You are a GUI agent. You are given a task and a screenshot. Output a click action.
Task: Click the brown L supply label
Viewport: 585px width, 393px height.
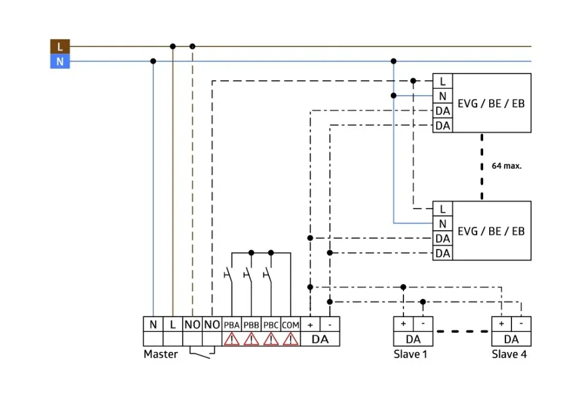click(60, 46)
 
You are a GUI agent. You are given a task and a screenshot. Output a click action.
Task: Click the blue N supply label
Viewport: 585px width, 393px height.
click(60, 61)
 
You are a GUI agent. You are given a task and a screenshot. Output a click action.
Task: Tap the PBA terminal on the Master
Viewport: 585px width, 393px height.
click(232, 324)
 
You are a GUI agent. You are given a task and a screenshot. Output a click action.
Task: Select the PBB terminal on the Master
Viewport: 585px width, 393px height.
click(251, 324)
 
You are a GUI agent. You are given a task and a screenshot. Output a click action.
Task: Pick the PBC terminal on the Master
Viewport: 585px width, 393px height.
click(271, 324)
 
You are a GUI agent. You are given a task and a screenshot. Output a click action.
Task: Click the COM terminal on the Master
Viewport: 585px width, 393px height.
click(290, 324)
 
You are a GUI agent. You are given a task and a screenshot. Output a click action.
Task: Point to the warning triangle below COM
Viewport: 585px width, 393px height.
click(290, 339)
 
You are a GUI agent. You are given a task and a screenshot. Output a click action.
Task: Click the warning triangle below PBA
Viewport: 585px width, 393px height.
click(232, 339)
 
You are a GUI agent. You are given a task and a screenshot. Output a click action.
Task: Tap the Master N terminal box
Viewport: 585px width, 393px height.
click(153, 324)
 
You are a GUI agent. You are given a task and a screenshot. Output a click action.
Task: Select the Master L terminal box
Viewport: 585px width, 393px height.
click(172, 324)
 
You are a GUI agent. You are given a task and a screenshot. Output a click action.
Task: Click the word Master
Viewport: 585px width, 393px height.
click(160, 354)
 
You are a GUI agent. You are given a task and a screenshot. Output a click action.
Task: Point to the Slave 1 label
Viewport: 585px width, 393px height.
click(410, 354)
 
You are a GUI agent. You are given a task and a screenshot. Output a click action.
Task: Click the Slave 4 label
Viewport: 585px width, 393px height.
click(509, 354)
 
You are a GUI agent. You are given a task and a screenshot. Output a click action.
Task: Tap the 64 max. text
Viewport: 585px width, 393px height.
click(507, 166)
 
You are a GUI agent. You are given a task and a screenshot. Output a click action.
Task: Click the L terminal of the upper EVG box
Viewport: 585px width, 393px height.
click(443, 81)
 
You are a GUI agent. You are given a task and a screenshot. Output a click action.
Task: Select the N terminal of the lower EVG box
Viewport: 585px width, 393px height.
click(443, 224)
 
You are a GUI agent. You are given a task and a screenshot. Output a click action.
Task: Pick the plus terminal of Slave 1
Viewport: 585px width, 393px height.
click(403, 324)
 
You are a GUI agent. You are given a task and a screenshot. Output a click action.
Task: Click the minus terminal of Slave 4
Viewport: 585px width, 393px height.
click(522, 324)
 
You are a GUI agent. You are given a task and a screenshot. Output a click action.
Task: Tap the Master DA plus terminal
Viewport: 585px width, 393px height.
click(310, 324)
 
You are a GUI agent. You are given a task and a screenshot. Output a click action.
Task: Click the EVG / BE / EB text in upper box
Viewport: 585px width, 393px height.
click(491, 103)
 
